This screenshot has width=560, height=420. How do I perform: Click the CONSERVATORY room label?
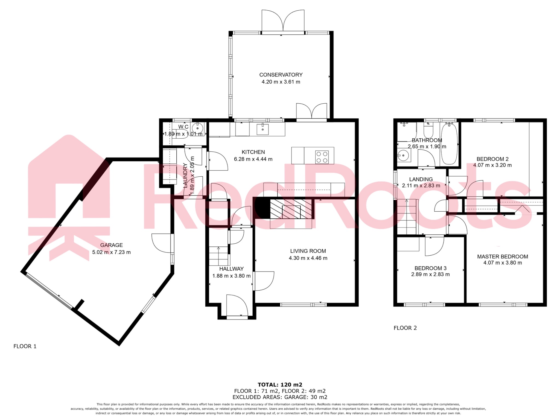pos(281,75)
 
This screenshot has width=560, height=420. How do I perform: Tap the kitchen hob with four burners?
pos(322,157)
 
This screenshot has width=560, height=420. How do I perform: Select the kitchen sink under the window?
pos(262,129)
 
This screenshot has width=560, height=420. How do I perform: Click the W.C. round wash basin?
pos(197,128)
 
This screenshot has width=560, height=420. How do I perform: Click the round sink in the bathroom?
pos(403,156)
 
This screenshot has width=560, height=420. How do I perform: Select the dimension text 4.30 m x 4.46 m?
pos(308,258)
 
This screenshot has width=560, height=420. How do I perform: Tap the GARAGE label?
pos(111,245)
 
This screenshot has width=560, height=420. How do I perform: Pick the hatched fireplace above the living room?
pos(291,209)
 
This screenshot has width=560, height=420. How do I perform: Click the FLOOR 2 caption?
pos(405,328)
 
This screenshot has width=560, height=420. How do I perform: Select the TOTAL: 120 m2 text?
pos(280,385)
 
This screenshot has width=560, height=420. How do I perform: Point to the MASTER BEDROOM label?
pos(502,256)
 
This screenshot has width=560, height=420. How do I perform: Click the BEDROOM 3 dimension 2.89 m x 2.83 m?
pos(430,274)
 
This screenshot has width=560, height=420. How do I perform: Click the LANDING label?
pos(421,179)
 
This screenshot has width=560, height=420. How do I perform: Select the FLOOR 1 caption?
pos(25,346)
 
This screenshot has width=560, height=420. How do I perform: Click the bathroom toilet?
pos(428,131)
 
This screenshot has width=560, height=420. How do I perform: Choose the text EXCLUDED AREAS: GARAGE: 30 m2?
pos(280,397)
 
